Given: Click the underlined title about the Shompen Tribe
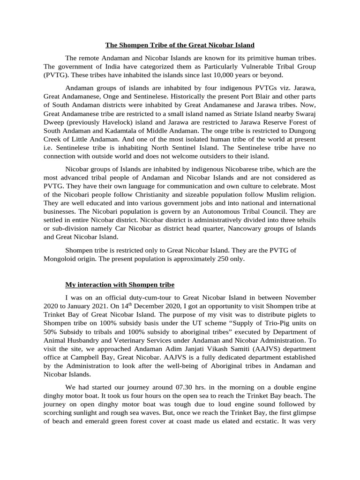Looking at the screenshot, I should [x=180, y=45].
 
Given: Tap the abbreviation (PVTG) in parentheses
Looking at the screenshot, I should [x=56, y=75].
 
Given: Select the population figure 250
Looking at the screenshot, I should [x=220, y=259].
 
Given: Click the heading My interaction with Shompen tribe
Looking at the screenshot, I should [x=120, y=285].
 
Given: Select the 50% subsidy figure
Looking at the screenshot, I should [x=50, y=332].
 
